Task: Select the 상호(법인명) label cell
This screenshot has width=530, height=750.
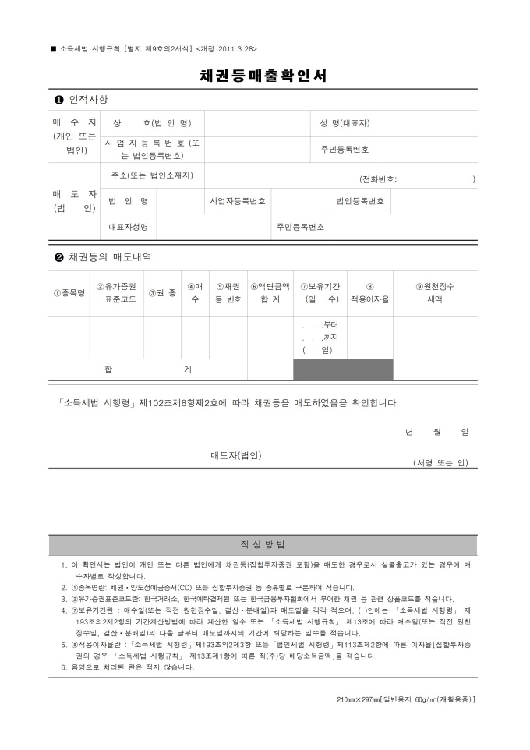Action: pos(152,123)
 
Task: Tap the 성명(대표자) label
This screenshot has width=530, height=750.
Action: pos(344,123)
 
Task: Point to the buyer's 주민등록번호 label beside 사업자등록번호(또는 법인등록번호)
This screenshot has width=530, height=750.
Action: pos(344,149)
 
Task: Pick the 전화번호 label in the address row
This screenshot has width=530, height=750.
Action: pos(377,179)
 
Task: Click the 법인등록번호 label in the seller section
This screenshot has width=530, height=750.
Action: pos(360,201)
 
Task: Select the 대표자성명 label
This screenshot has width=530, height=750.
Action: pos(128,227)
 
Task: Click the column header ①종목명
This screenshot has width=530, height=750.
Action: pos(69,293)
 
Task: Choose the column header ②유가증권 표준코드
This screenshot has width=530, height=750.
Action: pos(116,292)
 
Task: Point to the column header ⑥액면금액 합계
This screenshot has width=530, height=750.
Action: pos(270,292)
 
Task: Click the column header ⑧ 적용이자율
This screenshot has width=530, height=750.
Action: pos(369,292)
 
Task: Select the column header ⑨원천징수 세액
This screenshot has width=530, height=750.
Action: pos(435,292)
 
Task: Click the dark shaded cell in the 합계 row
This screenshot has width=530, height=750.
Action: pos(343,369)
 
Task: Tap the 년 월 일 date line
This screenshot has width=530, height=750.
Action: pos(436,432)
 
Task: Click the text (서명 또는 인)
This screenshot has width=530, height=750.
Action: pos(440,462)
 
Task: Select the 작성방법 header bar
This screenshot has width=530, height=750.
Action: pos(263,544)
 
